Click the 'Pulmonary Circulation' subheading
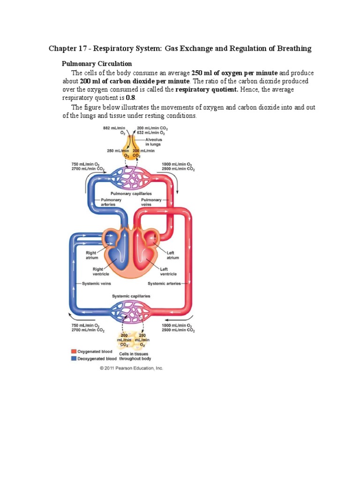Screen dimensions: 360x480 [x=97, y=64]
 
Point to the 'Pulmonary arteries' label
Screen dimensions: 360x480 [x=111, y=202]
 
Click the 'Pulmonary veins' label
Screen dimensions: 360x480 [x=151, y=202]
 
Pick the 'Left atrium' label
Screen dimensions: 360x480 [x=173, y=255]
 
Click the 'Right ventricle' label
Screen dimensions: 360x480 [x=97, y=271]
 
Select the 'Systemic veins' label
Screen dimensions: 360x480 [x=97, y=284]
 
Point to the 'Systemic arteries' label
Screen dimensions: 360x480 [x=164, y=284]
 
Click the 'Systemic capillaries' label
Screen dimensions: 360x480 [x=131, y=296]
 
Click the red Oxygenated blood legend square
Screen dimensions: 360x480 [x=74, y=351]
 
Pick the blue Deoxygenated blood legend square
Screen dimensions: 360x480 [x=74, y=358]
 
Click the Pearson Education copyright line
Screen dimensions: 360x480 [x=131, y=368]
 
